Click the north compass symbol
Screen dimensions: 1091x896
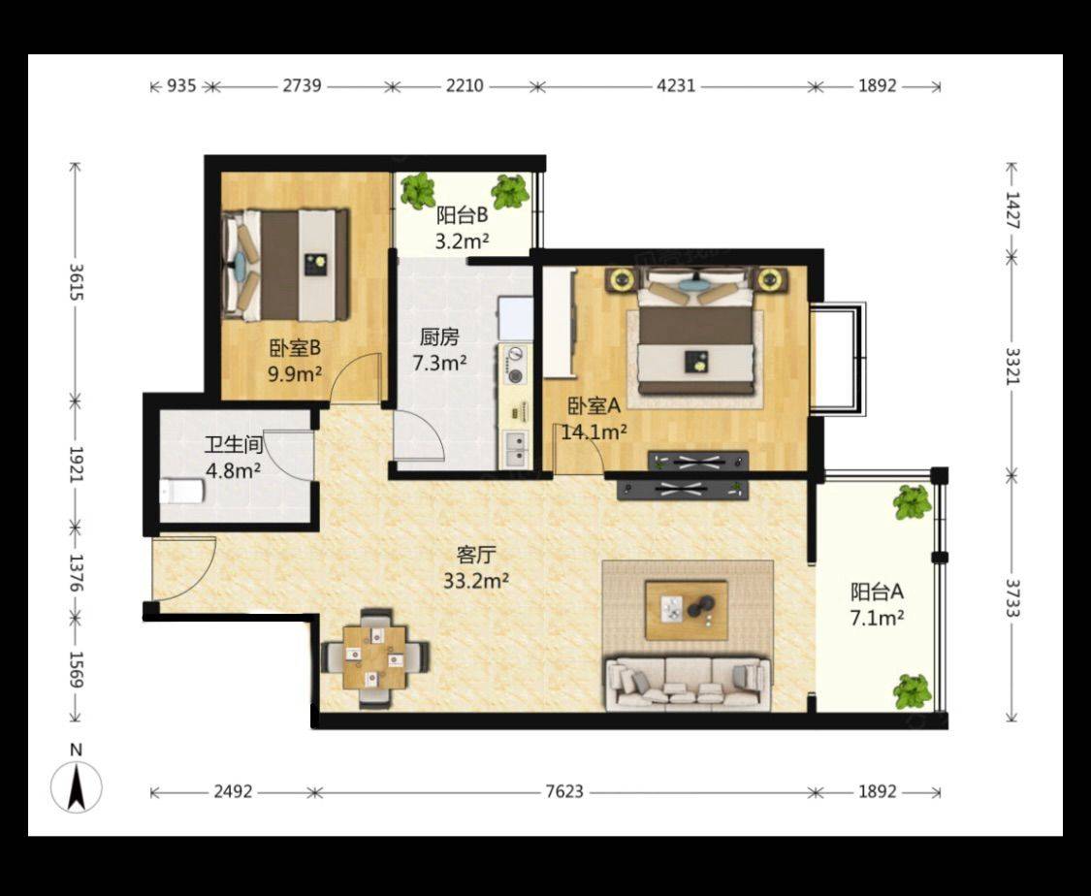[x=77, y=786]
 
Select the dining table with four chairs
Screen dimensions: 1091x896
[x=375, y=658]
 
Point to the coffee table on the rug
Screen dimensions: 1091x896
[x=686, y=610]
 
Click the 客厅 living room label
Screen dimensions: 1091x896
[x=476, y=555]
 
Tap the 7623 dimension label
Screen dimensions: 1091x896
[x=564, y=791]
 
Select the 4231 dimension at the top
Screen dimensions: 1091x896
[x=676, y=86]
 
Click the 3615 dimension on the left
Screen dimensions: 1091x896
[x=77, y=282]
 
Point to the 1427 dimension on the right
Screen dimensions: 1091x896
[x=1011, y=210]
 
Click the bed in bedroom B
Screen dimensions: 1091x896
[x=285, y=265]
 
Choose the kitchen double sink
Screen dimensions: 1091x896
[x=516, y=448]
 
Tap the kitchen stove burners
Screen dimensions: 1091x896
[x=515, y=366]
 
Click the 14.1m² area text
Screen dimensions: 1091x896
[x=594, y=432]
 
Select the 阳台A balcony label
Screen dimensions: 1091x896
[x=877, y=592]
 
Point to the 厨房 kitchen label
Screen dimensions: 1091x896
[x=439, y=337]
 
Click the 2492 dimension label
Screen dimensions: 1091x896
[x=233, y=791]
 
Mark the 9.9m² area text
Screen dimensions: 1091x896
[x=295, y=374]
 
